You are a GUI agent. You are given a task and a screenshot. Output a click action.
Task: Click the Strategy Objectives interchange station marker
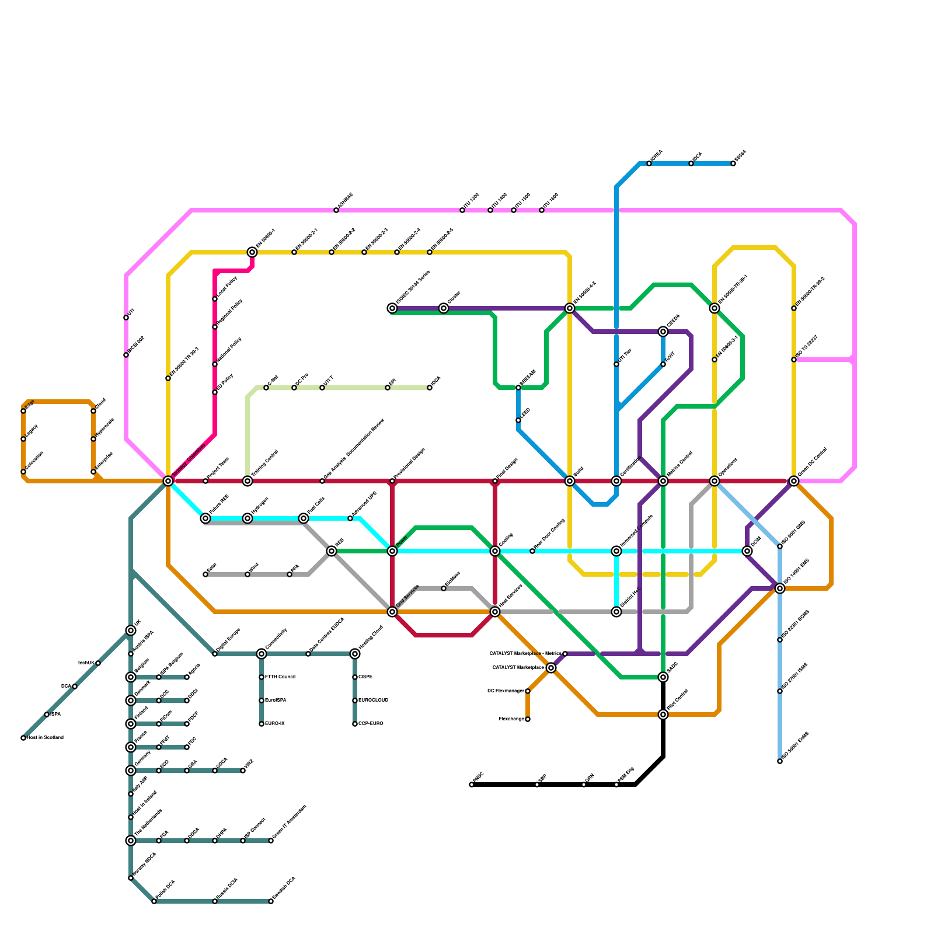168,481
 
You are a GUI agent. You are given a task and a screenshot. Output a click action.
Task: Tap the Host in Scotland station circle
23,738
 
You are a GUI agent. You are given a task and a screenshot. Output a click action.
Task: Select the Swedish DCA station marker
271,901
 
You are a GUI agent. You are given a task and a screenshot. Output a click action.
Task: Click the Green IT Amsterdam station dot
271,841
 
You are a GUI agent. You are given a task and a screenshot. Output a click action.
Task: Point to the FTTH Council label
280,677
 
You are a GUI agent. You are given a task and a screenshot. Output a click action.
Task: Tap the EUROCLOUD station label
374,700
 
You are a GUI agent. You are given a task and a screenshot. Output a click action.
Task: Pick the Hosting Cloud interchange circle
355,654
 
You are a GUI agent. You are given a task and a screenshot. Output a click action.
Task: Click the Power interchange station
392,551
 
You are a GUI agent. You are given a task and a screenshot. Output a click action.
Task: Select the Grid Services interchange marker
392,612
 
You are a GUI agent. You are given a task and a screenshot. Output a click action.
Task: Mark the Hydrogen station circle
248,518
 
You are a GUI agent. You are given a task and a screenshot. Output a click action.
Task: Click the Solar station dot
205,574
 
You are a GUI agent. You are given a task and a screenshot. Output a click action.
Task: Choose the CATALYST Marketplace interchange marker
551,668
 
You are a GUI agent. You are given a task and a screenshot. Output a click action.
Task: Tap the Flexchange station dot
528,719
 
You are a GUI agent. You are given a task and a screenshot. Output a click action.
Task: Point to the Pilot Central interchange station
663,715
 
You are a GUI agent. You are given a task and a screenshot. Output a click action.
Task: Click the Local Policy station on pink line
215,299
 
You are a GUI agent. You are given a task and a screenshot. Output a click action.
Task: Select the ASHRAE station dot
336,210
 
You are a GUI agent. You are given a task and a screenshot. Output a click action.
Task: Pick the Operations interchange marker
715,481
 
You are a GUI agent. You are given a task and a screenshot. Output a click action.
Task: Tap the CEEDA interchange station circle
663,332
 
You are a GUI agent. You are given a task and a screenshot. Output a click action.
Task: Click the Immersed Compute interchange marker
616,551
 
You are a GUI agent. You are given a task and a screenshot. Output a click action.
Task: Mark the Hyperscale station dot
93,439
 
